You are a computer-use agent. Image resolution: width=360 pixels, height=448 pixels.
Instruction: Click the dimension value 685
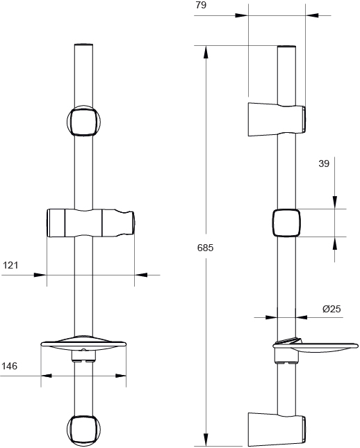(x=205, y=248)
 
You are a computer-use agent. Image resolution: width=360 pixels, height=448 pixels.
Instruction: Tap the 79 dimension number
(x=201, y=5)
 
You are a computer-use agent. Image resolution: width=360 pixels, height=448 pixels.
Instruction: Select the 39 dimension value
(x=324, y=163)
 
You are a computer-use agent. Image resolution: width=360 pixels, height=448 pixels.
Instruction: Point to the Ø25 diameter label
(x=332, y=309)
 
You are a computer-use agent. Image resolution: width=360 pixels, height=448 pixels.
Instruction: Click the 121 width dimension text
(x=10, y=265)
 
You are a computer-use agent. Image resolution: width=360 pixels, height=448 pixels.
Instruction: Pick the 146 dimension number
(x=10, y=366)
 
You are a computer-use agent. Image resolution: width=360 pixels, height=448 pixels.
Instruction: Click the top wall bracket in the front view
(x=83, y=121)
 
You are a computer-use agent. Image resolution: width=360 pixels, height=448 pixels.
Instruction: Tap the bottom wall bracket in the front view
(x=83, y=431)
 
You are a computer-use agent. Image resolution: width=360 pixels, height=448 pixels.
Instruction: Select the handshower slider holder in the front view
(x=90, y=223)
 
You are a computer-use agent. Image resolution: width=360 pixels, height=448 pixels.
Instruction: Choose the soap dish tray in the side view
(x=316, y=346)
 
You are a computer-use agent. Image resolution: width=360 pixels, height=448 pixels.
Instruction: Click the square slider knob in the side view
(x=286, y=223)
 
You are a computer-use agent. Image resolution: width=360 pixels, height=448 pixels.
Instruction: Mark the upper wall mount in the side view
(x=277, y=119)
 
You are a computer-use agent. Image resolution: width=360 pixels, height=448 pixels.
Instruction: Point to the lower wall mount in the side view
(x=277, y=429)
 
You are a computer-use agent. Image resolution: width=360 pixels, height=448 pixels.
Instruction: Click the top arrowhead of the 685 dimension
(x=206, y=52)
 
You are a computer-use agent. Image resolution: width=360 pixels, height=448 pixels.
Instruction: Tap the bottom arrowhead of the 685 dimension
(x=206, y=440)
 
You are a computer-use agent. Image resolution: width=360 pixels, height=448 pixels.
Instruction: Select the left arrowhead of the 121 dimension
(x=40, y=275)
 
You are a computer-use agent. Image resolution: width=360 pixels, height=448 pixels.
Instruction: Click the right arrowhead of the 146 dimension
(x=120, y=376)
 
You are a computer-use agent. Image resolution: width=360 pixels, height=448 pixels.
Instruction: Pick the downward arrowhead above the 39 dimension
(x=335, y=202)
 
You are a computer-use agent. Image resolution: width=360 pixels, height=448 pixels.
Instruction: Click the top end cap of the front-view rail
(x=83, y=45)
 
